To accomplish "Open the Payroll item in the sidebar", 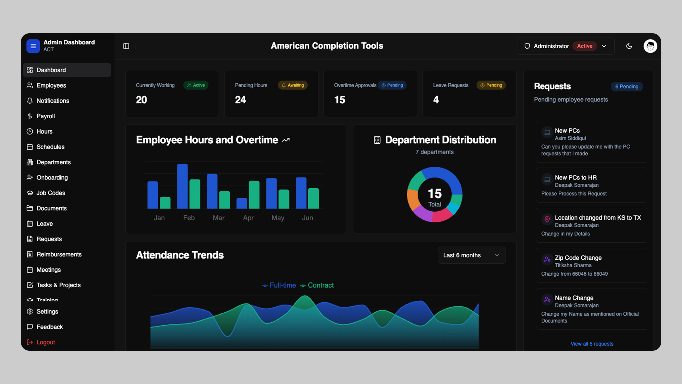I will pos(45,116).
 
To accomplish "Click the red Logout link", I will pos(45,342).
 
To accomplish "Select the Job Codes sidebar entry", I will pos(51,193).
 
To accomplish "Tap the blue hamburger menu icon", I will pos(33,46).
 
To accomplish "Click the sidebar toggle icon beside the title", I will pos(126,46).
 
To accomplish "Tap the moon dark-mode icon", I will pos(629,46).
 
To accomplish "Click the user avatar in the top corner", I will pos(650,46).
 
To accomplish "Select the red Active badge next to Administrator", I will pos(585,46).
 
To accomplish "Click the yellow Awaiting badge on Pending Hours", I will pos(293,85).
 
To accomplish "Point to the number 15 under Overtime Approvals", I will pos(340,100).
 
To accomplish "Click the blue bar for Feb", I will pos(182,186).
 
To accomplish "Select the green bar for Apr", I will pos(254,195).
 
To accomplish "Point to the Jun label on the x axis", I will pos(307,218).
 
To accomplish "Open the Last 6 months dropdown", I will pos(471,255).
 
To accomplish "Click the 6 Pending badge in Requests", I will pos(627,86).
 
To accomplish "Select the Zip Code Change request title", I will pos(578,258).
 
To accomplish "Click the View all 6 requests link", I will pos(592,344).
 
